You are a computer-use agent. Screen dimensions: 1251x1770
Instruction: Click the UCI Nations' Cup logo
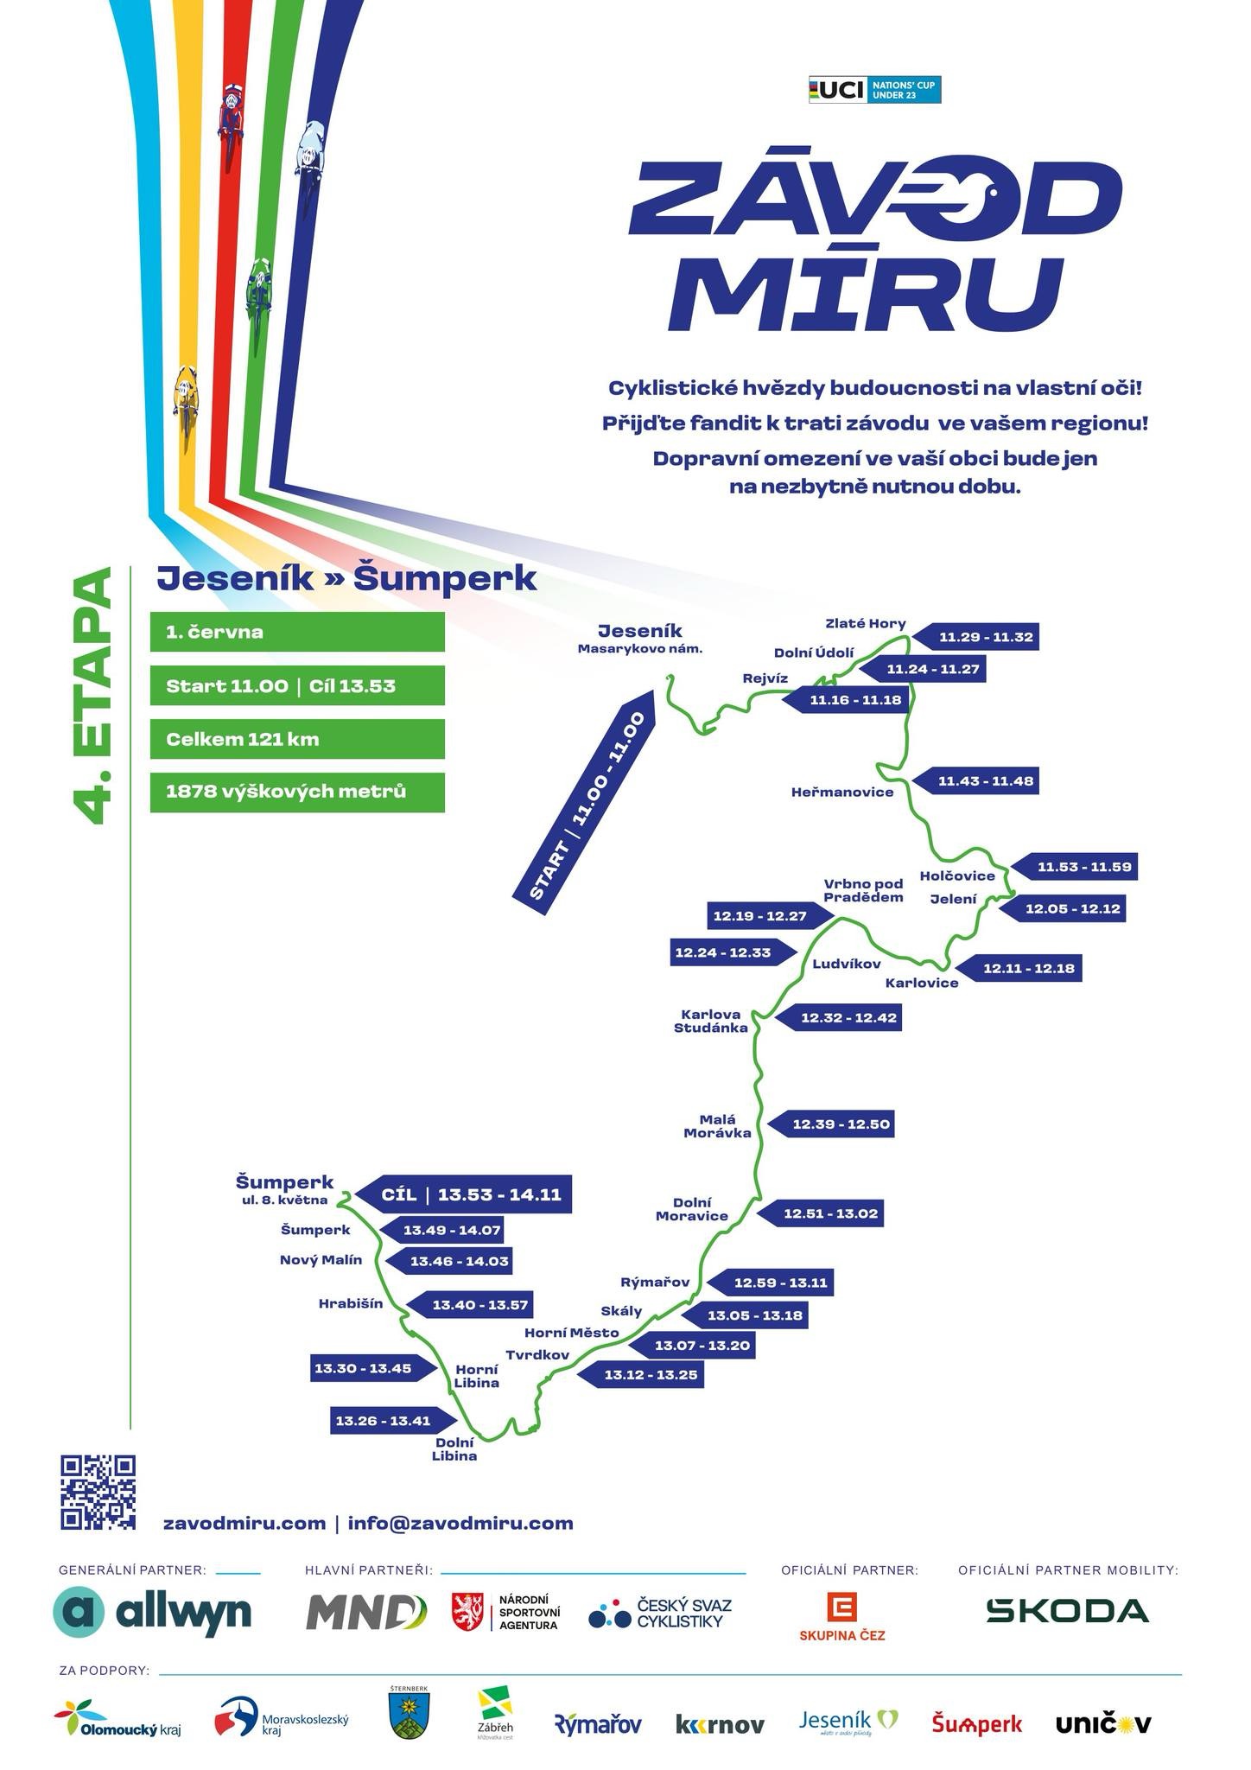pyautogui.click(x=874, y=90)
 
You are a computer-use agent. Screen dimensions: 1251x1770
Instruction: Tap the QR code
pyautogui.click(x=98, y=1492)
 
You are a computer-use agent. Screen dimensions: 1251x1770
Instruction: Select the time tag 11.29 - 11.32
pyautogui.click(x=975, y=637)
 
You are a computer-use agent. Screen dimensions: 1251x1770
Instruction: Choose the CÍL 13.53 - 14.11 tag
pyautogui.click(x=463, y=1195)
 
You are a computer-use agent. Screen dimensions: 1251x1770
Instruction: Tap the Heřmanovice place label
pyautogui.click(x=842, y=792)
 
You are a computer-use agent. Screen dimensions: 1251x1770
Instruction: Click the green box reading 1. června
pyautogui.click(x=297, y=632)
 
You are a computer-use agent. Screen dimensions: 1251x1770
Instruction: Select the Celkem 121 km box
pyautogui.click(x=297, y=739)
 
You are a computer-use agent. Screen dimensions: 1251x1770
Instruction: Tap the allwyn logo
pyautogui.click(x=152, y=1612)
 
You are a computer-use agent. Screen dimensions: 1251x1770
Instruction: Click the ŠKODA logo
pyautogui.click(x=1068, y=1610)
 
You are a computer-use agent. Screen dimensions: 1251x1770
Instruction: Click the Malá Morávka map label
pyautogui.click(x=717, y=1126)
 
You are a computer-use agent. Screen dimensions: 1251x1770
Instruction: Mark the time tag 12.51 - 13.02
pyautogui.click(x=821, y=1213)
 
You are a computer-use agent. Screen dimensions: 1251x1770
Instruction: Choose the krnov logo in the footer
pyautogui.click(x=720, y=1725)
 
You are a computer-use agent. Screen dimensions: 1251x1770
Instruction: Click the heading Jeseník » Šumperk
pyautogui.click(x=346, y=579)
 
